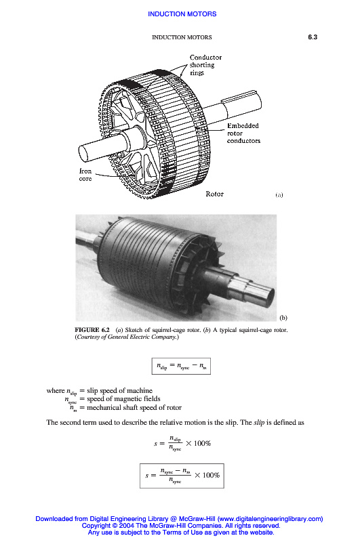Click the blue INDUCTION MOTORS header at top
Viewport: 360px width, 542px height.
[182, 14]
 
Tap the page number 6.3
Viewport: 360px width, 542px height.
[313, 37]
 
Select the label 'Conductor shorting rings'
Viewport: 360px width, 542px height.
[205, 65]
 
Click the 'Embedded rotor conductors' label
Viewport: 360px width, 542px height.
[243, 133]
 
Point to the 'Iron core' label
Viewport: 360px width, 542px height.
[85, 175]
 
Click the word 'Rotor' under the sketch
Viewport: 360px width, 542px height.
[214, 194]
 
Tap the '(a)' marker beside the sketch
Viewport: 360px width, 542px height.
[279, 194]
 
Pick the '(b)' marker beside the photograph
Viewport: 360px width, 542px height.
[283, 317]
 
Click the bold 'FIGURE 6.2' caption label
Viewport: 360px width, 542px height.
[92, 330]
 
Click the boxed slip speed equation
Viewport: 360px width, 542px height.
[181, 366]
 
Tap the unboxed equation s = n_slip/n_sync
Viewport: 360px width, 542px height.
[182, 444]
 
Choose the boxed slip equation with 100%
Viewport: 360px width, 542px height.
[182, 476]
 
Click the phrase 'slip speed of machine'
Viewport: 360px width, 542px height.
[119, 391]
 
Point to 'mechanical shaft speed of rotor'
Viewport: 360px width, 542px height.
[134, 408]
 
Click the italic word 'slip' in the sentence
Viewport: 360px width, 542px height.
[259, 422]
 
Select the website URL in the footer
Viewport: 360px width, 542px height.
[270, 519]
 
